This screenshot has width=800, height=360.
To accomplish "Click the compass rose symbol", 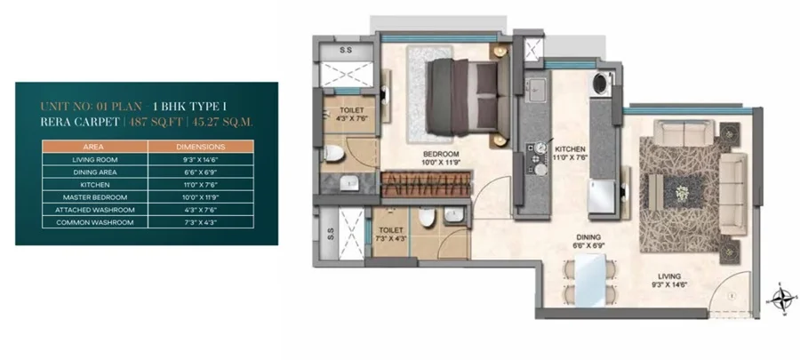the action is tap(782, 299).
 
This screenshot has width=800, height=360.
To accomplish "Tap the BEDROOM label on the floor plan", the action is tap(441, 154).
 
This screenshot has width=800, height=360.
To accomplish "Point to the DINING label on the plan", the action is tap(588, 237).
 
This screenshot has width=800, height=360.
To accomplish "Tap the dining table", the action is tap(590, 280).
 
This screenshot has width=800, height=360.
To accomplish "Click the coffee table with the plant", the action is tap(681, 192).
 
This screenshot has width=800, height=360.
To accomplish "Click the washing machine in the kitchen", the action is tap(601, 83).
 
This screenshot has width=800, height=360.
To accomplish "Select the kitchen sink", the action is tap(536, 90).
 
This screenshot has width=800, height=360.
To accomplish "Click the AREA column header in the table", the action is tap(92, 147).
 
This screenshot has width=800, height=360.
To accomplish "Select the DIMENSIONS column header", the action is tap(201, 147).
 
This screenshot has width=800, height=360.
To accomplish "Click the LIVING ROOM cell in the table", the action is tap(95, 160).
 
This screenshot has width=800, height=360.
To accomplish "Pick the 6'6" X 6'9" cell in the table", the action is tap(201, 172).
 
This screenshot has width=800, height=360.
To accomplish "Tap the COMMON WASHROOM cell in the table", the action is tap(95, 222).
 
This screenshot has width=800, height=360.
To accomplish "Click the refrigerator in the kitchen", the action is tap(602, 196).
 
